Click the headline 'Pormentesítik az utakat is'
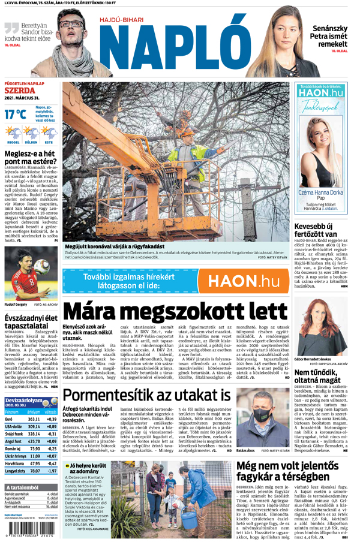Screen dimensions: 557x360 click(147, 396)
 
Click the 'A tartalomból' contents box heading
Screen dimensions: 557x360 click(24, 487)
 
